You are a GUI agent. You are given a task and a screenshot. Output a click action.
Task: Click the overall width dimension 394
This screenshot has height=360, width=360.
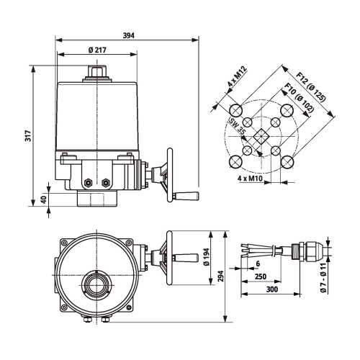pyautogui.click(x=129, y=36)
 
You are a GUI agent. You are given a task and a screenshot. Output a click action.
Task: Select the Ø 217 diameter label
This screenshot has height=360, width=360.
pyautogui.click(x=97, y=50)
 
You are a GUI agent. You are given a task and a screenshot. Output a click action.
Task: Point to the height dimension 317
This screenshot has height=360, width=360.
pyautogui.click(x=28, y=136)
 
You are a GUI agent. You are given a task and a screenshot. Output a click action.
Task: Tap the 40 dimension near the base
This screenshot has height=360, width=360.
pyautogui.click(x=44, y=199)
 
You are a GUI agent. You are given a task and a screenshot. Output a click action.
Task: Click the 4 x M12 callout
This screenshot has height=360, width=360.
pyautogui.click(x=237, y=76)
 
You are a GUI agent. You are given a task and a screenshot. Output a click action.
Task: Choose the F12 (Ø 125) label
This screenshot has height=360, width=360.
pyautogui.click(x=312, y=86)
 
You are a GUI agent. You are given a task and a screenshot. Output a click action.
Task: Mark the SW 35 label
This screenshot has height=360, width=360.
pyautogui.click(x=237, y=126)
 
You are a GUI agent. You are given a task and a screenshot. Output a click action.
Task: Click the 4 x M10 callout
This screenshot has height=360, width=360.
pyautogui.click(x=250, y=179)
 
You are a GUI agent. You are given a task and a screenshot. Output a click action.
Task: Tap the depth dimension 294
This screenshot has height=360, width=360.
pyautogui.click(x=221, y=276)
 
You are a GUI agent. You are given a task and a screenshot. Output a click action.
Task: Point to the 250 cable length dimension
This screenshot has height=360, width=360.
pyautogui.click(x=261, y=276)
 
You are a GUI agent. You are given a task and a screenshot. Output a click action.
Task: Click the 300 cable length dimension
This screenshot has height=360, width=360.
pyautogui.click(x=272, y=289)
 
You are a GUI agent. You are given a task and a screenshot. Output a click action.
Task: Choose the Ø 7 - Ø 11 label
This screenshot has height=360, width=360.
pyautogui.click(x=323, y=278)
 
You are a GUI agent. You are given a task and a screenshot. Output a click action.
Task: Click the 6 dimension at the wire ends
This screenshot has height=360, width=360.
pyautogui.click(x=258, y=264)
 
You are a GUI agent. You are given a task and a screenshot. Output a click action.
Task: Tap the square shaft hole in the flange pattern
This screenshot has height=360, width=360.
pyautogui.click(x=261, y=137)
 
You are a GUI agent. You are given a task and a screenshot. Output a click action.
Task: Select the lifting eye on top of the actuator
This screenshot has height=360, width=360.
pyautogui.click(x=97, y=71)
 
